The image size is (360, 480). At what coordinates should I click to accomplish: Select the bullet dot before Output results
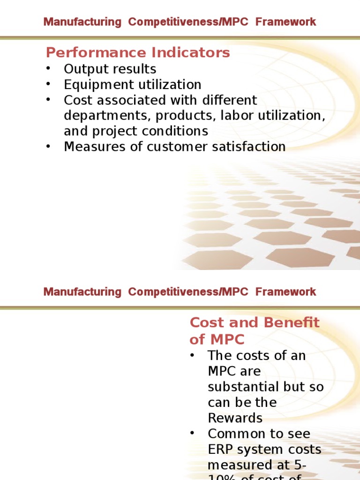tap(48, 68)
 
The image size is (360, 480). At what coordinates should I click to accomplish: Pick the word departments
tap(100, 116)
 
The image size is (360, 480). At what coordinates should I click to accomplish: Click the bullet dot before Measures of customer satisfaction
tap(48, 146)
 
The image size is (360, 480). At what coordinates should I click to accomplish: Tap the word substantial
tap(243, 387)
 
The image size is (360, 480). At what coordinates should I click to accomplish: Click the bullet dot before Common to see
tap(192, 433)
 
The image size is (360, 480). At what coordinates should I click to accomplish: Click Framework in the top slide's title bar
tap(286, 22)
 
